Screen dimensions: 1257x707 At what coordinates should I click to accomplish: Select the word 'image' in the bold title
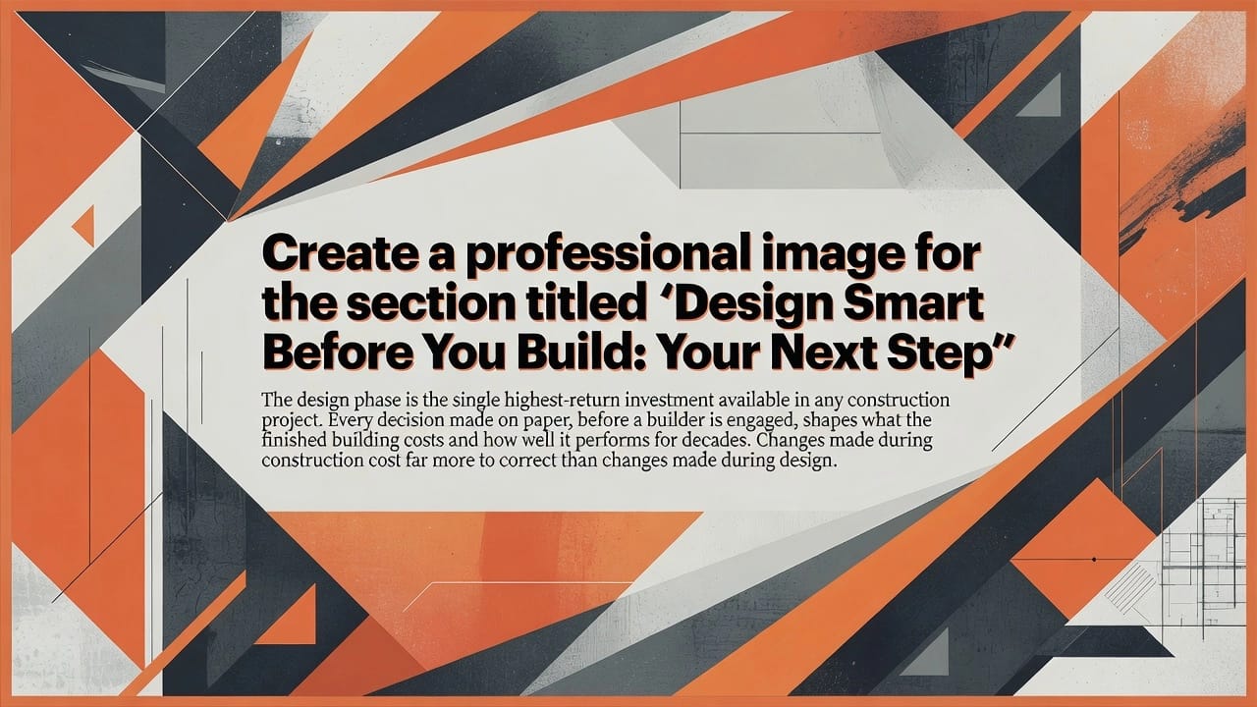pos(831,257)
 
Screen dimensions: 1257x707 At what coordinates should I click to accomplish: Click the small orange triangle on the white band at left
pos(84,225)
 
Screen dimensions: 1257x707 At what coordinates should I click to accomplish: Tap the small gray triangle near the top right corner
pos(1043,97)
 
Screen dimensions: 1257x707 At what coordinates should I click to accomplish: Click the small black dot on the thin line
pos(1094,560)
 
